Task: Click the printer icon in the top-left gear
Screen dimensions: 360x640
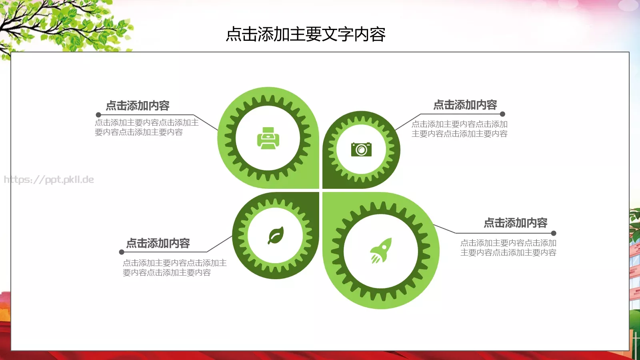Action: (x=268, y=138)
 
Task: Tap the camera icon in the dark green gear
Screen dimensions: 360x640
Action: (x=361, y=149)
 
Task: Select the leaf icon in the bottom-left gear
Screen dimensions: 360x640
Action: (x=276, y=235)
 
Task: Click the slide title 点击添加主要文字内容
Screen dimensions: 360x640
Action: (x=306, y=34)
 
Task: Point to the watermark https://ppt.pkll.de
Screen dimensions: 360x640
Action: (x=49, y=180)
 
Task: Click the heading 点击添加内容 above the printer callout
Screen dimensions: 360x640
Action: (x=138, y=106)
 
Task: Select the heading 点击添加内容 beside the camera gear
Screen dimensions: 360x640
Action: (x=465, y=105)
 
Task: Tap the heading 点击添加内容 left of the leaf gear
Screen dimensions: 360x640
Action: (x=158, y=243)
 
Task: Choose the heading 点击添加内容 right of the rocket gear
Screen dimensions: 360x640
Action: (x=516, y=223)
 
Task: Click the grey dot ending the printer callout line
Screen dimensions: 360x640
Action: (x=98, y=115)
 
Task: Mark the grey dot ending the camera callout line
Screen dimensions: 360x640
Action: (x=502, y=114)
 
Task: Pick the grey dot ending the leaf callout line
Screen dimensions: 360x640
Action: (x=122, y=252)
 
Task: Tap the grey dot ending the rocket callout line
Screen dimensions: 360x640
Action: (x=554, y=233)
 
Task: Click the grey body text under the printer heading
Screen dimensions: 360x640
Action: (x=146, y=127)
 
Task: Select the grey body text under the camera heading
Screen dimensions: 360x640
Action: (x=459, y=129)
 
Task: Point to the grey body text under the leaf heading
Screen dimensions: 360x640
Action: (x=174, y=268)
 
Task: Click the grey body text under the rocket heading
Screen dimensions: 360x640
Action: (x=508, y=248)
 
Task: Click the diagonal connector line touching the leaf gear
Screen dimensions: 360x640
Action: (x=219, y=244)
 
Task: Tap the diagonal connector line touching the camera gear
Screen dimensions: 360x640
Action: (x=408, y=122)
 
